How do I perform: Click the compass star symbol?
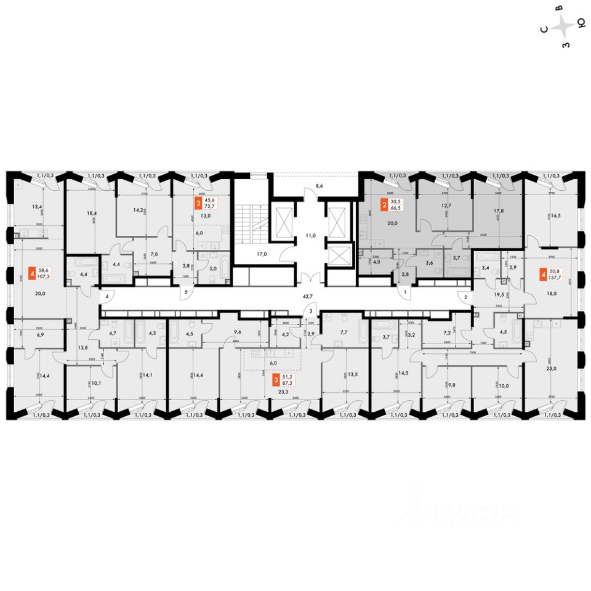(x=563, y=27)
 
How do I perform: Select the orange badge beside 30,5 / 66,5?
(x=384, y=205)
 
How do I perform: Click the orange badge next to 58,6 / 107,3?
(x=31, y=273)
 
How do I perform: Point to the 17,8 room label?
(x=498, y=210)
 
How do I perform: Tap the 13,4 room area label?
(x=38, y=206)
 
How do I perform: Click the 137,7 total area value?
(x=558, y=276)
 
